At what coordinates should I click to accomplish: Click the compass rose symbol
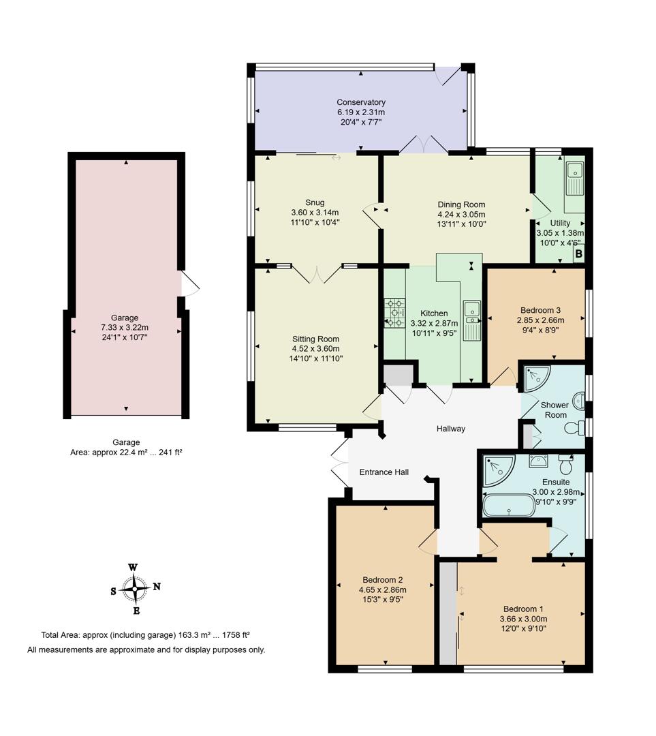pos(135,587)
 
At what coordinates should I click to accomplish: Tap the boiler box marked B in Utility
pos(578,254)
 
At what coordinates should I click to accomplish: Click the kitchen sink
pos(471,319)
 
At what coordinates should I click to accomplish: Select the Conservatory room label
pos(360,102)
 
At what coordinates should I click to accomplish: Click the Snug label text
pos(315,202)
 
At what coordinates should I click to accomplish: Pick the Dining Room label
pos(461,204)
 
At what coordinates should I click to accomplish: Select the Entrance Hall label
pos(384,472)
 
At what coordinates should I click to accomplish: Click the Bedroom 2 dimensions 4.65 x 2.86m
pos(382,590)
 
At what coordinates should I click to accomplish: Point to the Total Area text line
pos(145,634)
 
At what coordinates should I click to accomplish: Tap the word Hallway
pos(451,429)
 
